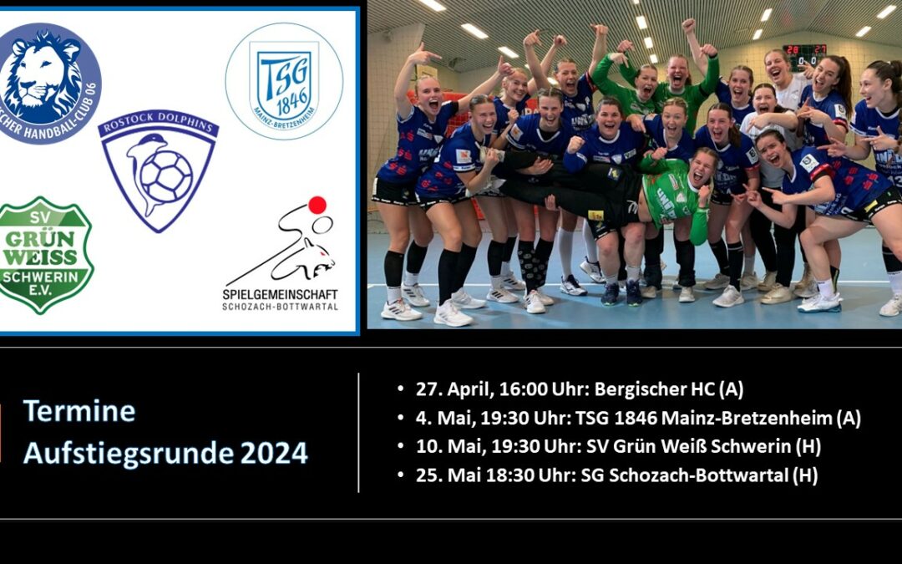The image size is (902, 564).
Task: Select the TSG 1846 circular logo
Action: (283, 80)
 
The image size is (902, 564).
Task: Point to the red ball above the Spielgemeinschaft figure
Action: (317, 205)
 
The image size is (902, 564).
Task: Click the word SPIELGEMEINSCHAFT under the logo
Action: (280, 294)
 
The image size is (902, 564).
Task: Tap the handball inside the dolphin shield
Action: (166, 176)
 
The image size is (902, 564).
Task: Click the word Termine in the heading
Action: (79, 411)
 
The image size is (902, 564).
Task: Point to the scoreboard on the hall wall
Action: (803, 56)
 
